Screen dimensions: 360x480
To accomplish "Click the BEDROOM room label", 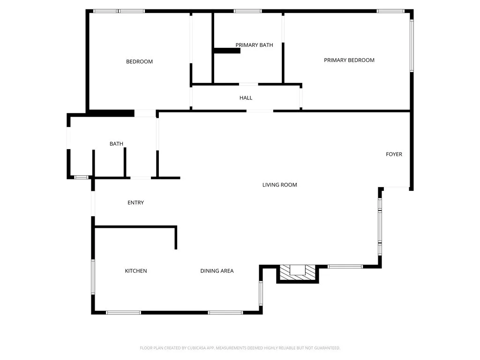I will [x=139, y=61].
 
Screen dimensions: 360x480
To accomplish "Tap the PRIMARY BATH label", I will [x=254, y=45].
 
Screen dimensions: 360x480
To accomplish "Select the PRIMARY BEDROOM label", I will [x=349, y=60].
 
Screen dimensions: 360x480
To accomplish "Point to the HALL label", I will [x=246, y=98].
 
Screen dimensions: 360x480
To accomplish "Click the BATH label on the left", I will [x=116, y=144].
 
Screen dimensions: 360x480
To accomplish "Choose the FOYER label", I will [x=394, y=154].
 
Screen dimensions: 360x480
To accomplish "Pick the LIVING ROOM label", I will [x=279, y=185].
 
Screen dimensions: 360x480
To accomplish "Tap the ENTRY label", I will [x=135, y=202].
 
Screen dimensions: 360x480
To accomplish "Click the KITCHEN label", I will [x=136, y=271].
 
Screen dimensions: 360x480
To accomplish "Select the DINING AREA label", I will [x=217, y=271].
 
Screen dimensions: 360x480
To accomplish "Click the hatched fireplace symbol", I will [x=297, y=273].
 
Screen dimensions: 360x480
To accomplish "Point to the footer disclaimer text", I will [x=240, y=348].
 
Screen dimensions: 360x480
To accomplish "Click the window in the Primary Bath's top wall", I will [x=247, y=11].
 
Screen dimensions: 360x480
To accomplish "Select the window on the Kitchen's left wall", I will [x=93, y=277].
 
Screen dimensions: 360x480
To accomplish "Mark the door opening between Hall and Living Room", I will [x=260, y=111].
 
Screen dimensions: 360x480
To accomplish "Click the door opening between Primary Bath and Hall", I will [x=248, y=84].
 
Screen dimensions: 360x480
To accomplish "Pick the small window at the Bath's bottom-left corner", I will [x=82, y=178].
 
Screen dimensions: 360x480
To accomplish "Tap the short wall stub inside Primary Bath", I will [x=227, y=51].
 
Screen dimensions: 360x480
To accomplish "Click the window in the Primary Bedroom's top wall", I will [x=390, y=11].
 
